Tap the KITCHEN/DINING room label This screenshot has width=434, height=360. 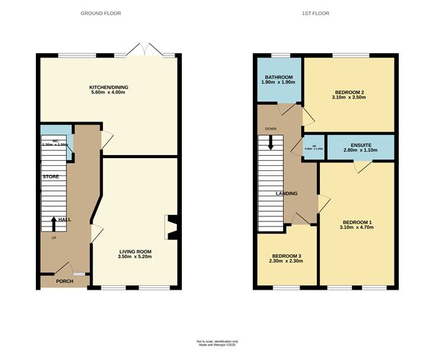[x=108, y=86]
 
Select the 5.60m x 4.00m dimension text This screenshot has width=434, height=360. [x=108, y=93]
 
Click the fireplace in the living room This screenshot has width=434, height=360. [x=170, y=226]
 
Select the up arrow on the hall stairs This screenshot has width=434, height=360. [x=54, y=222]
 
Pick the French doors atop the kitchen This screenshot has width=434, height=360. [x=144, y=51]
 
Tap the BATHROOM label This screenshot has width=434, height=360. [x=278, y=77]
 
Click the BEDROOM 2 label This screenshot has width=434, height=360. [x=350, y=92]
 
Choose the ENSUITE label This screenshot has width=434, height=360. [x=360, y=144]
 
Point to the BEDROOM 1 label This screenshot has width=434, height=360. [x=356, y=222]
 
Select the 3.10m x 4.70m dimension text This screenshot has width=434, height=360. [x=356, y=229]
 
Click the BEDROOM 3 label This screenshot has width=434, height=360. [x=286, y=257]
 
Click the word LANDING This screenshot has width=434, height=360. [x=287, y=193]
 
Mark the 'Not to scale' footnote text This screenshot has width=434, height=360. [x=217, y=341]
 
